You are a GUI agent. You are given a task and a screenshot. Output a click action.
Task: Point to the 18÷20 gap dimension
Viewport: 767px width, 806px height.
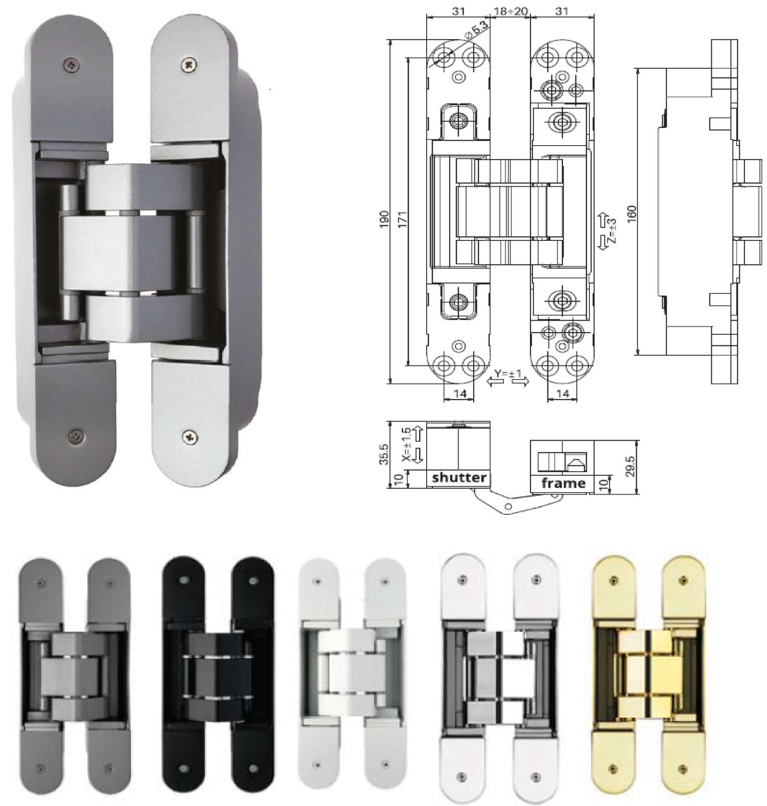tap(508, 11)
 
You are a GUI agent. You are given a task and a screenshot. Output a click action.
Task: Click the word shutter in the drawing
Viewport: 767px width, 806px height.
tap(459, 477)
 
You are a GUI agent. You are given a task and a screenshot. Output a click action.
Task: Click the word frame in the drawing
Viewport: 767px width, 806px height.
tap(563, 483)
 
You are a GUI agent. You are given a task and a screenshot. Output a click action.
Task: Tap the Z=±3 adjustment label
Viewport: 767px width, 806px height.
tap(611, 231)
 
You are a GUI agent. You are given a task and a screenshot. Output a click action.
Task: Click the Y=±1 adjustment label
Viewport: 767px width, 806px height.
tap(508, 374)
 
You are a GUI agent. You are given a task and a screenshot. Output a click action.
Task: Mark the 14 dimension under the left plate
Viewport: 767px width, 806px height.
tap(459, 394)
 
